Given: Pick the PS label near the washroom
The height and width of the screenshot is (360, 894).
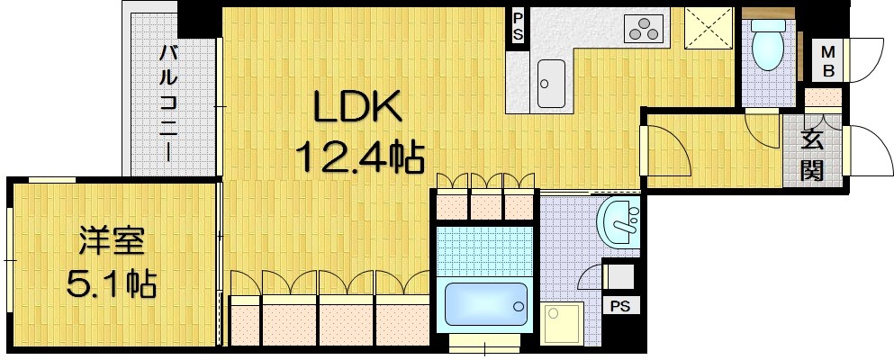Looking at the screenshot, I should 620,305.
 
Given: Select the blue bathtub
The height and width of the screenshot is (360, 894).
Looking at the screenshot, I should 486,304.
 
